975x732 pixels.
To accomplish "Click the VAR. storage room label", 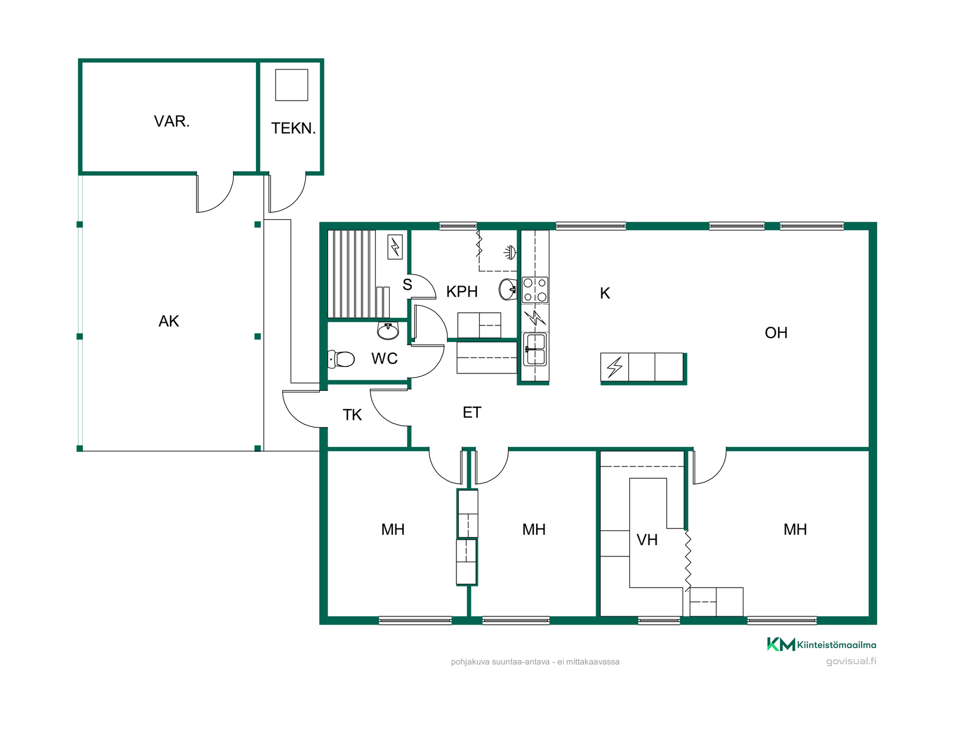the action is click(x=172, y=121).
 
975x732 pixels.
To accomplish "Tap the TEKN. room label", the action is click(x=294, y=128).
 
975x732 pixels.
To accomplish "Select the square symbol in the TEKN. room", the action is click(x=291, y=85).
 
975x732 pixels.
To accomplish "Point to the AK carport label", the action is click(x=169, y=321).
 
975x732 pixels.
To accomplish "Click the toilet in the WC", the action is click(x=341, y=359).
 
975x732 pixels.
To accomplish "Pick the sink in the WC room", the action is click(x=388, y=331).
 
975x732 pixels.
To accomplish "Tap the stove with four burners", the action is click(x=535, y=290).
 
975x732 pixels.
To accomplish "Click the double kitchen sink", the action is click(x=535, y=349).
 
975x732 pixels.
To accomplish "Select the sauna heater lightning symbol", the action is click(x=395, y=247).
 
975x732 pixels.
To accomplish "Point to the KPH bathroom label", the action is click(x=462, y=292).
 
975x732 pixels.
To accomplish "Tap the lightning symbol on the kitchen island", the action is click(x=614, y=367).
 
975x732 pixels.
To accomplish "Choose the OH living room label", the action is click(x=776, y=333).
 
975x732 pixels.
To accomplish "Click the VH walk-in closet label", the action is click(x=647, y=540).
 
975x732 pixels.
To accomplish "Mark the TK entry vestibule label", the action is click(x=352, y=415).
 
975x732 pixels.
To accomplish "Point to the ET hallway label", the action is click(x=472, y=413).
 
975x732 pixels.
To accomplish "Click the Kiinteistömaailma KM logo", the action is click(x=822, y=645).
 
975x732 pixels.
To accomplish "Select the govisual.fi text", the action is click(x=851, y=661).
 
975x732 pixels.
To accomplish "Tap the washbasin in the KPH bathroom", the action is click(x=508, y=290).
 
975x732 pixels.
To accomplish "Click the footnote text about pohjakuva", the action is click(x=535, y=662).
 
